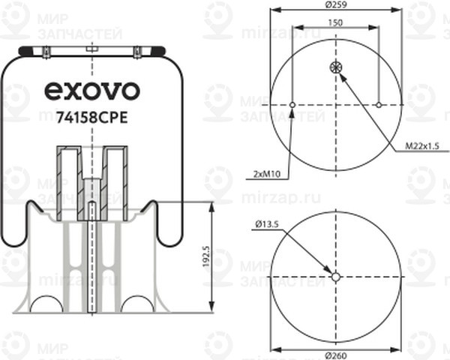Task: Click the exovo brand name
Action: click(92, 91)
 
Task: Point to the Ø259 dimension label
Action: click(336, 6)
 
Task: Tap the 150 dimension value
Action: click(336, 24)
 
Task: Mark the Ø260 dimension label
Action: click(336, 355)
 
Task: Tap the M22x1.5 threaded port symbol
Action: click(336, 68)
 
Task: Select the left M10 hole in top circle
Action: click(292, 105)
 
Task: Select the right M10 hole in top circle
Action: click(379, 105)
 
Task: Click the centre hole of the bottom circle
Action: click(336, 277)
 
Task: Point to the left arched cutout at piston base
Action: click(46, 303)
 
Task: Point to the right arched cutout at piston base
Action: click(136, 303)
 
